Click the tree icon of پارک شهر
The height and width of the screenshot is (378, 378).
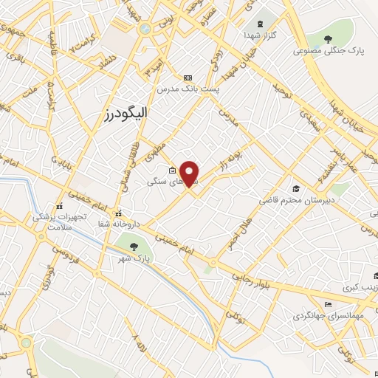133,247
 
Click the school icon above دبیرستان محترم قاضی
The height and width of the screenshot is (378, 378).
296,189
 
